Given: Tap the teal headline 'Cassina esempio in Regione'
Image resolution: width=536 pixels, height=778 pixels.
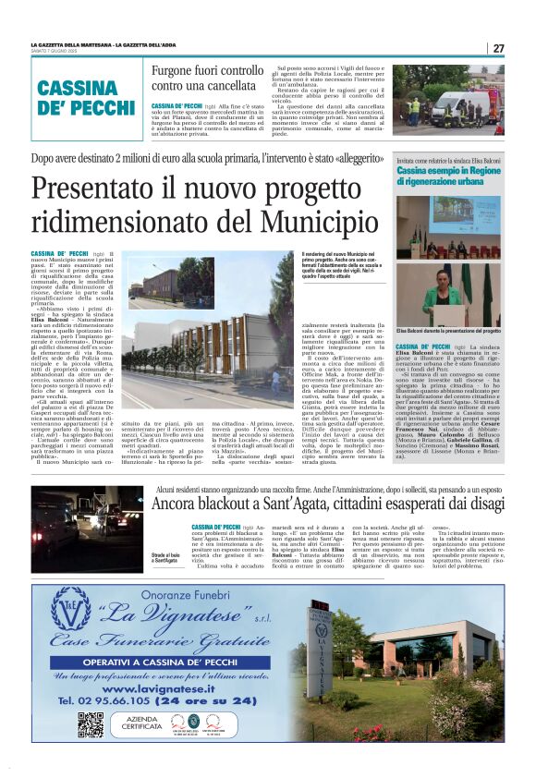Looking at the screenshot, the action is tap(447, 171).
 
